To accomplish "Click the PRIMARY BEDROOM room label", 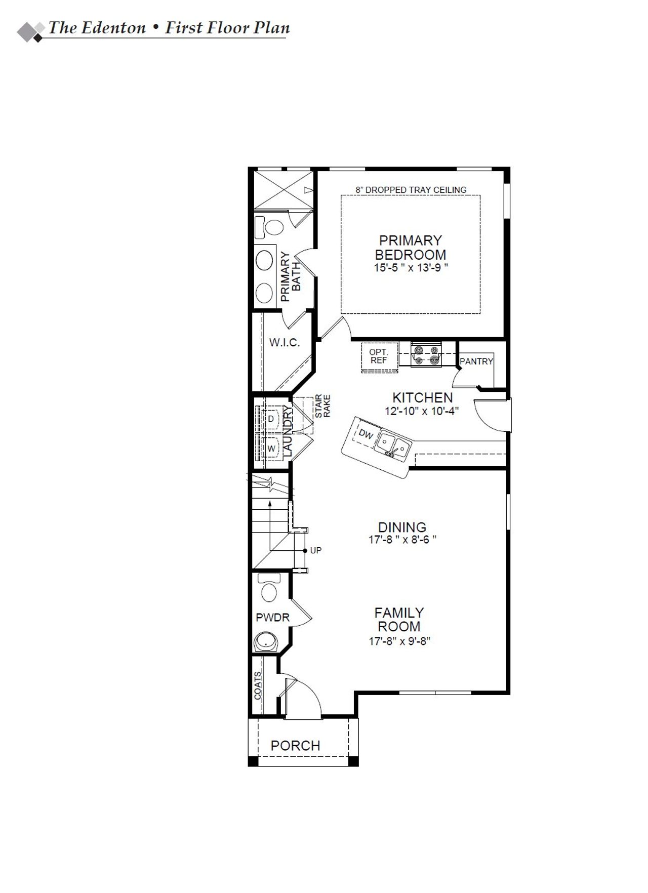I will click(x=411, y=247).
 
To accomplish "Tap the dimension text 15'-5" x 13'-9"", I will click(x=411, y=268).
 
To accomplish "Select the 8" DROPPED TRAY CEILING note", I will click(x=411, y=190).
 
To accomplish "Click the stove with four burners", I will click(x=425, y=354).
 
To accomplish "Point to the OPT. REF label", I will click(x=379, y=356).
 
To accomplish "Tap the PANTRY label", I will click(x=476, y=361).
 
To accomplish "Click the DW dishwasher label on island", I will click(x=366, y=434).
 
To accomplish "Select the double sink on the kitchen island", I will click(x=393, y=445).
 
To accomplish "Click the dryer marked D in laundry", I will click(x=271, y=419).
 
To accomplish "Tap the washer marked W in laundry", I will click(x=271, y=449).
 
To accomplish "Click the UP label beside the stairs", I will click(x=316, y=550).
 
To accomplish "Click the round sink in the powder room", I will click(x=265, y=641).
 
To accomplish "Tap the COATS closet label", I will click(x=258, y=685).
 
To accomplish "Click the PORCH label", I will click(x=295, y=746).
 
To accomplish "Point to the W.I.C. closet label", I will click(x=285, y=343).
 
